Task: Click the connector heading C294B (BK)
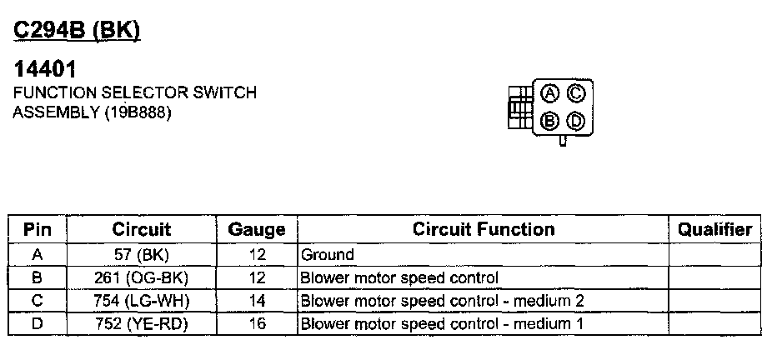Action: [x=78, y=30]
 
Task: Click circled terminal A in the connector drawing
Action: [x=549, y=92]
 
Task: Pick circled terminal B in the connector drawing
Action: [x=549, y=121]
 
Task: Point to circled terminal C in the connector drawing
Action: [x=575, y=92]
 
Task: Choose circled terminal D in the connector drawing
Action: [x=575, y=122]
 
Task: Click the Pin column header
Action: [x=37, y=229]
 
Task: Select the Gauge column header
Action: [x=257, y=229]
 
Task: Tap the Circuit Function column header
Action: [x=484, y=229]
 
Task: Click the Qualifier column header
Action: [x=715, y=229]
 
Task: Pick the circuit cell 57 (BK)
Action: [x=141, y=255]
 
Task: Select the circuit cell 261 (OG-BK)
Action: [x=141, y=277]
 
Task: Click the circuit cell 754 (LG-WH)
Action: [x=141, y=300]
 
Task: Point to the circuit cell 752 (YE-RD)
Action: [x=141, y=322]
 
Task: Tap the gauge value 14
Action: [x=257, y=300]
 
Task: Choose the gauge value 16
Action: [x=257, y=322]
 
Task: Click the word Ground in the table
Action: [x=328, y=255]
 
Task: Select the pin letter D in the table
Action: [x=37, y=322]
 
